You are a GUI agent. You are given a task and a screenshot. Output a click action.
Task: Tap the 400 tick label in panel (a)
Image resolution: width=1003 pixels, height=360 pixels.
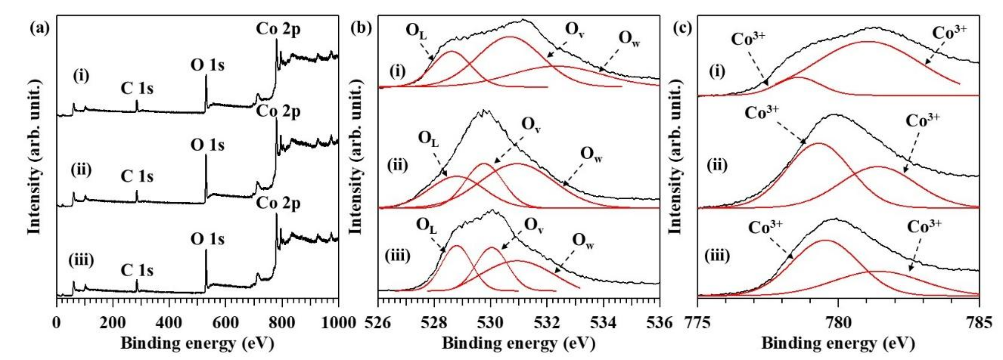coord(169,323)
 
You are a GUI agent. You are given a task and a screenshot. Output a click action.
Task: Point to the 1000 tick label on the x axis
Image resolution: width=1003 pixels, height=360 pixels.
coord(338,323)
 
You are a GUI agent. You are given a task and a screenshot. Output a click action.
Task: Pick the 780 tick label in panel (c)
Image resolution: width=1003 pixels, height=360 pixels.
coord(838,323)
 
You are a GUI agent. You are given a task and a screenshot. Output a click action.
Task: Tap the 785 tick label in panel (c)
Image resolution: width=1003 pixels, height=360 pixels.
coord(979,323)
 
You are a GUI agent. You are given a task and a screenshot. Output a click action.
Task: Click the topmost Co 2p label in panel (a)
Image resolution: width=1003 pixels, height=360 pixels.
coord(278,29)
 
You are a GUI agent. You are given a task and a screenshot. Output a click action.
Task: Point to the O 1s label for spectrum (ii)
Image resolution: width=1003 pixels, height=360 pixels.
coord(208,145)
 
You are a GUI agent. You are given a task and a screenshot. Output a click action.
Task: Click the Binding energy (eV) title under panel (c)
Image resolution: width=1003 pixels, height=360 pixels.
coord(838,344)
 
